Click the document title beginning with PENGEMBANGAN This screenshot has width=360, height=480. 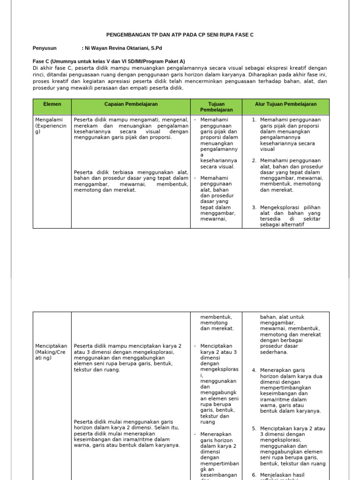click(x=180, y=35)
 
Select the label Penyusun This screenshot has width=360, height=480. click(x=45, y=48)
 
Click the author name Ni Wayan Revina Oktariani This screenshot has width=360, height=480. click(x=123, y=48)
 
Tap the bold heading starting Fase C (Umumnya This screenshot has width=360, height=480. click(x=109, y=61)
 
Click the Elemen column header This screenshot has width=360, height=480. click(x=52, y=104)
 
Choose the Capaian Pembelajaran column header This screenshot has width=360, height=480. click(x=131, y=104)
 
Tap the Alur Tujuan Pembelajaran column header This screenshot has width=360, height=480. click(x=285, y=104)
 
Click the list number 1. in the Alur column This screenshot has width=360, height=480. click(x=254, y=120)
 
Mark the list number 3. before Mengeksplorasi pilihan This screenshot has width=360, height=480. click(x=254, y=207)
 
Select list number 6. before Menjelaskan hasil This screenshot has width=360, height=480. click(x=254, y=475)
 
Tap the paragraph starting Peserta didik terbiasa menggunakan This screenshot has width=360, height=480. click(x=131, y=181)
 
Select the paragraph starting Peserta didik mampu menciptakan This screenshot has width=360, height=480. click(x=127, y=358)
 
